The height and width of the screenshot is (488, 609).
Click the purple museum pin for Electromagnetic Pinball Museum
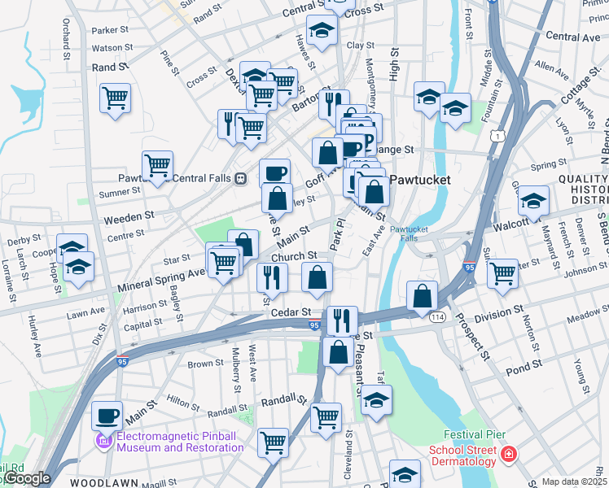(x=103, y=441)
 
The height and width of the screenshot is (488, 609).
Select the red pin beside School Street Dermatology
(x=508, y=454)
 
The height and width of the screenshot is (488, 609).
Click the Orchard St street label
(x=65, y=33)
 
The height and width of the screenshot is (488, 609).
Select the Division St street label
(x=499, y=312)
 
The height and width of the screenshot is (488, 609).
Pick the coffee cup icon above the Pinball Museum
(x=107, y=416)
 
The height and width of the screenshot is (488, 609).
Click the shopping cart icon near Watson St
(x=116, y=98)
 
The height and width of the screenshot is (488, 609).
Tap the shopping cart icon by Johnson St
(x=502, y=272)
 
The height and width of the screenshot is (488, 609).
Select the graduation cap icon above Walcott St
(x=533, y=200)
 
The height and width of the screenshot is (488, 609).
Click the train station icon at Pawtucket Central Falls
(x=240, y=179)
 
